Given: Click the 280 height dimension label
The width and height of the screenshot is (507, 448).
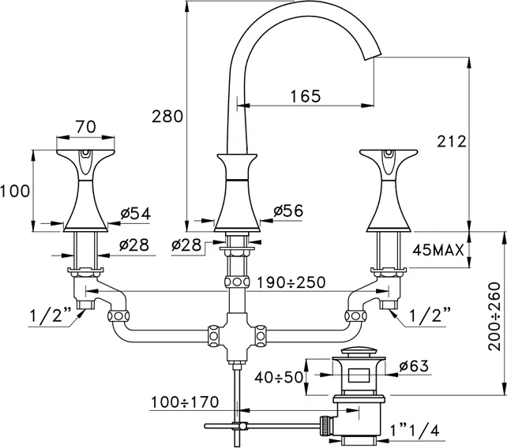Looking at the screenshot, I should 167,117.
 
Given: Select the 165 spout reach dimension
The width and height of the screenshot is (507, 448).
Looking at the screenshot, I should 306,96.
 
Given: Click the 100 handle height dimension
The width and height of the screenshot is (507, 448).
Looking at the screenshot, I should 16,189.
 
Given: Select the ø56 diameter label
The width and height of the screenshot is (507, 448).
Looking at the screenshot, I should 289,211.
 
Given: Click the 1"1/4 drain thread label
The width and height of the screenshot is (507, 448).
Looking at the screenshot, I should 415,431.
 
